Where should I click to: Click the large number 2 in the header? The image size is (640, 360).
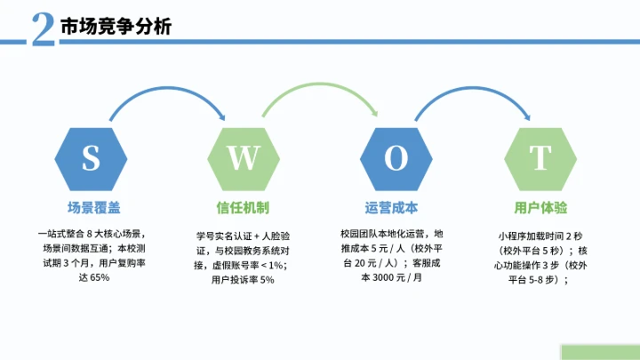pos(41,28)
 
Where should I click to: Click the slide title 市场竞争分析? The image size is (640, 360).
pos(116,28)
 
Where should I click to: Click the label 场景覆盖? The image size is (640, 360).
pos(92,207)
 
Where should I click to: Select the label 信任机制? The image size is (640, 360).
pos(243,207)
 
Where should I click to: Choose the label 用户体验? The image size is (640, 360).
pos(540,207)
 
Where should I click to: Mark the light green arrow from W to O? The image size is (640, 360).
pos(320,86)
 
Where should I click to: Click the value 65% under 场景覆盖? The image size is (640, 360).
pos(100,278)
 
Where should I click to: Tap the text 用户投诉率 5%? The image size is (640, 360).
pos(243,281)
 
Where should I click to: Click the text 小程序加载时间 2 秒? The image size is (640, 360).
pos(540,236)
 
